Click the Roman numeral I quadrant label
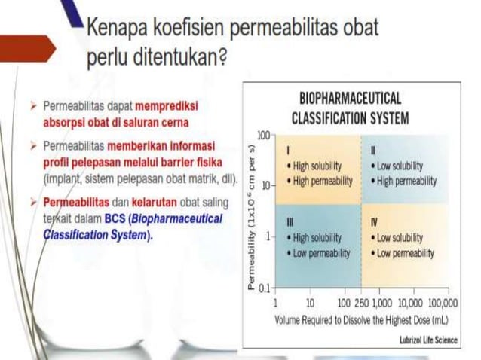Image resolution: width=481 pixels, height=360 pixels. (x=289, y=150)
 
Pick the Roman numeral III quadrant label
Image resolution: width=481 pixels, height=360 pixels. (x=290, y=222)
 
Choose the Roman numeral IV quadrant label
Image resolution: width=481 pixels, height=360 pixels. (x=375, y=222)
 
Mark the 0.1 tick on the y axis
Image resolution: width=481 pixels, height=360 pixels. (x=263, y=288)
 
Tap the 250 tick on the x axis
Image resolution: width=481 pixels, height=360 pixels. (x=360, y=302)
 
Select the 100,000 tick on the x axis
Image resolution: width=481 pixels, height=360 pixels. (x=441, y=302)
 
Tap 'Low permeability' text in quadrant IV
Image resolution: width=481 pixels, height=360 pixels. (x=405, y=253)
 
